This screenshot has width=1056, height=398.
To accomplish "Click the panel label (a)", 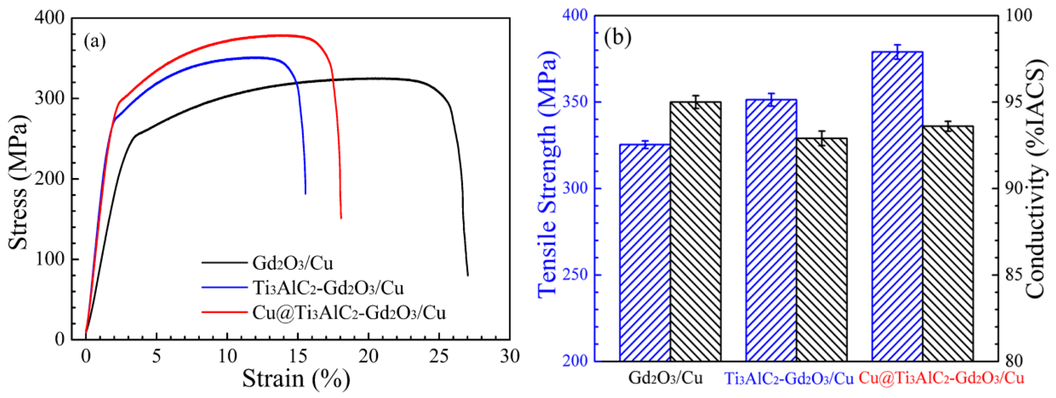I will click(x=95, y=41).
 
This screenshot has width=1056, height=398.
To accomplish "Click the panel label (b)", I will click(x=618, y=37).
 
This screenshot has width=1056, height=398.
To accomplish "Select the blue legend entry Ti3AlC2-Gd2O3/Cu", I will click(x=328, y=288).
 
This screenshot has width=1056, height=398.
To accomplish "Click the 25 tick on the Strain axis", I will click(x=439, y=356).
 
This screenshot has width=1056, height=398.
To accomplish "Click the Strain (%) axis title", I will click(x=296, y=378).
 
